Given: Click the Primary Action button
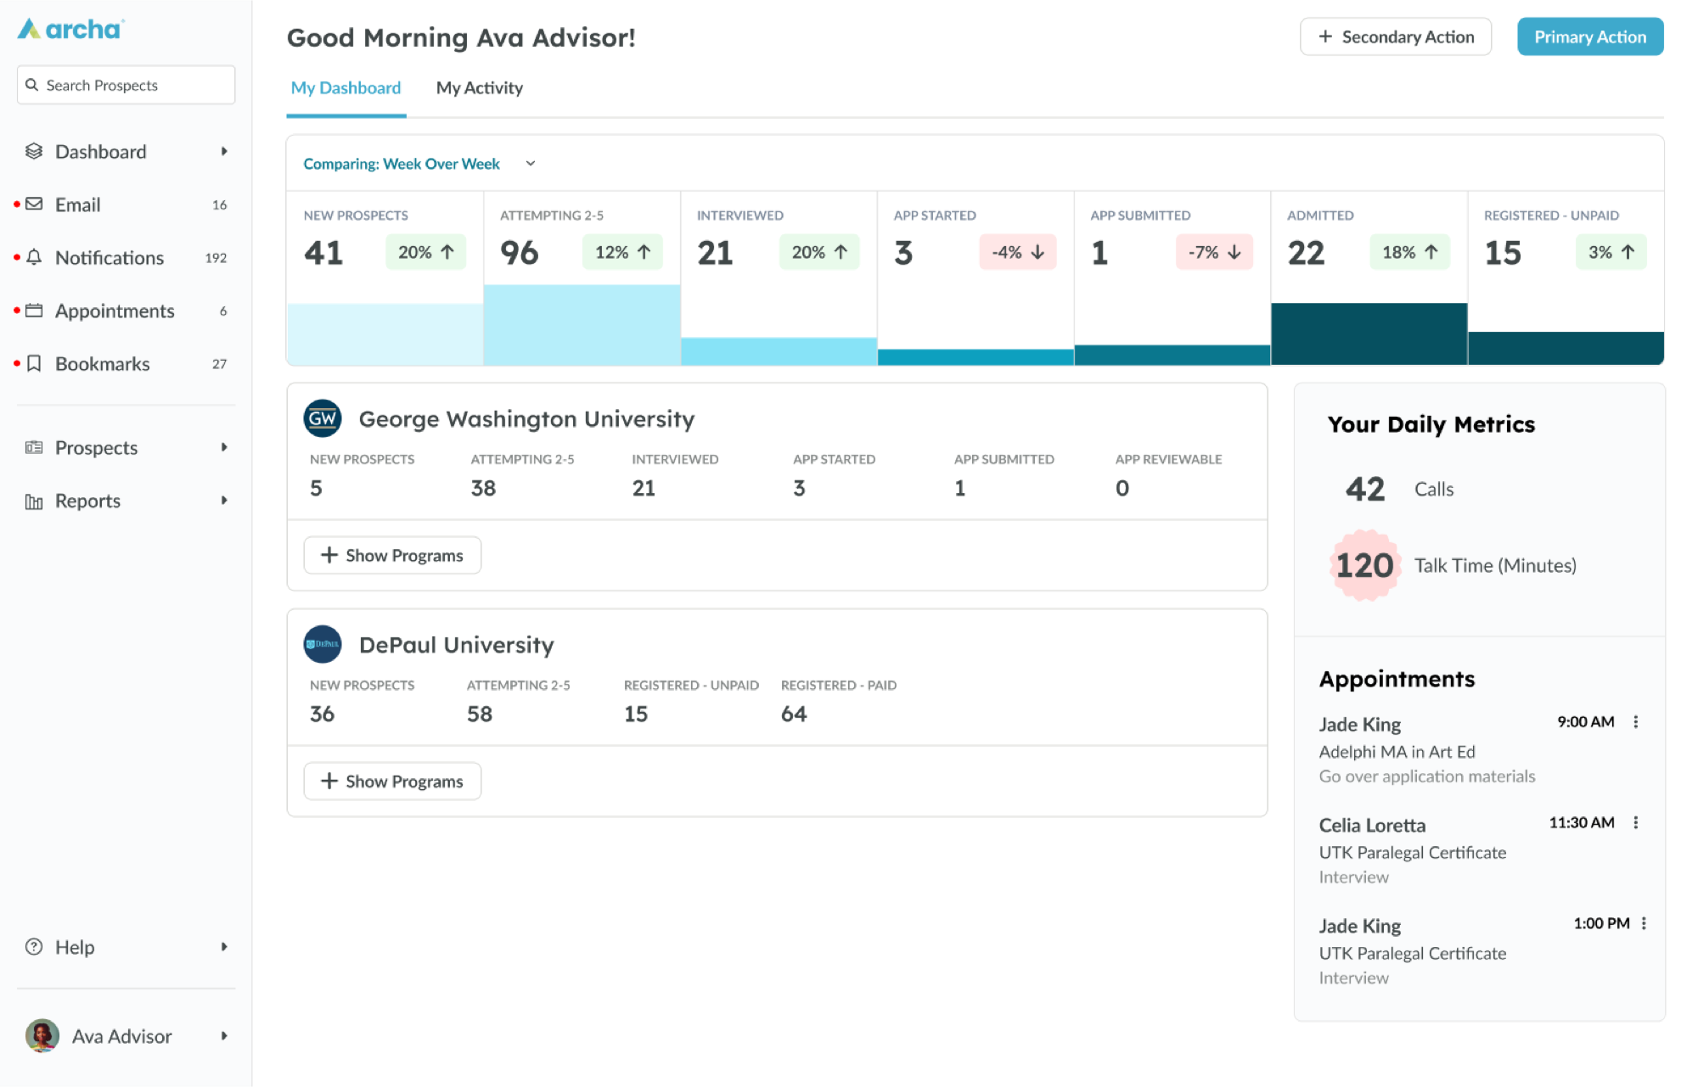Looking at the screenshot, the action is (1590, 36).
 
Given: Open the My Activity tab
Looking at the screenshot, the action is (479, 88).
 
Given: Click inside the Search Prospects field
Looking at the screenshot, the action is (126, 85).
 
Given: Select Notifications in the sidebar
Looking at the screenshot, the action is (110, 258).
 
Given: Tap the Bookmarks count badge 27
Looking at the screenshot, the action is (219, 364).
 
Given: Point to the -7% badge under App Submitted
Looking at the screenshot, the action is (1214, 252).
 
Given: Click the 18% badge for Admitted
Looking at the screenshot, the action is (1409, 252).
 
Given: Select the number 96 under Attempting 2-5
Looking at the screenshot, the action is (519, 253).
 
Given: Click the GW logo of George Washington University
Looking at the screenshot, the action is (323, 418).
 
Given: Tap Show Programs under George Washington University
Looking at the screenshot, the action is (392, 556).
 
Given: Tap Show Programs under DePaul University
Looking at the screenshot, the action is (392, 782).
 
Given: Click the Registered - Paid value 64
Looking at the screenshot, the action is (794, 714).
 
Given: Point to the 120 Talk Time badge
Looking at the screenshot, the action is (1364, 566).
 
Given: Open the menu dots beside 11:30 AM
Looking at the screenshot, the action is (1636, 823).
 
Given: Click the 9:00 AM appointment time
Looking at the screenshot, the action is (1585, 722).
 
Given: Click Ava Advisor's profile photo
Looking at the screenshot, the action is (42, 1036).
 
